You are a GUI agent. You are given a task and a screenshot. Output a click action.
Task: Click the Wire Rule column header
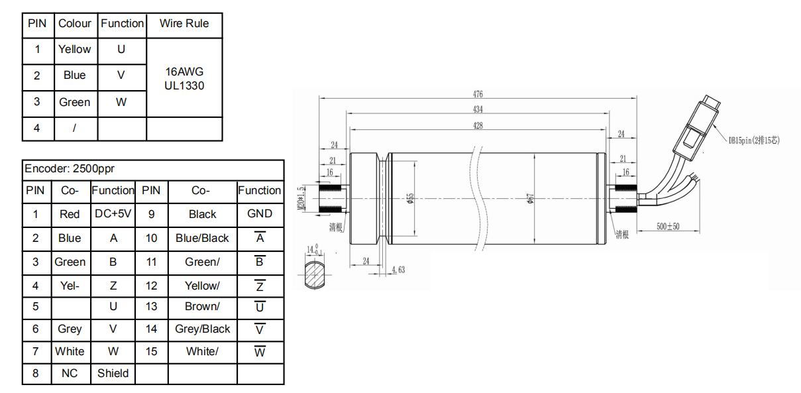coord(184,24)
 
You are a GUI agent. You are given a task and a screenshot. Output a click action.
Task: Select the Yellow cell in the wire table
coord(74,50)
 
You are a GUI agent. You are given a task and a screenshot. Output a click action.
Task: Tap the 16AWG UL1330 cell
coord(184,78)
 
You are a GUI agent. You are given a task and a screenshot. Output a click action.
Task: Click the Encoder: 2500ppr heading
coord(70,169)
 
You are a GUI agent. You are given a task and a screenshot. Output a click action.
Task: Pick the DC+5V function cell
coord(113,214)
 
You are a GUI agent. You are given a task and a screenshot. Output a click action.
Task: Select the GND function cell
coord(259,213)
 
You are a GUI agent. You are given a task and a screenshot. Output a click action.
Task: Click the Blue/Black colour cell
coord(202,238)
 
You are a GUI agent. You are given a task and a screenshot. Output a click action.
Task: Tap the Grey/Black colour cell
coord(202,329)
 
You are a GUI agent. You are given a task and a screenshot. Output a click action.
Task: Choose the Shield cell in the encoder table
coord(113,373)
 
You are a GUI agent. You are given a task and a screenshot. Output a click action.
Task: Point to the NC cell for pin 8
coord(70,373)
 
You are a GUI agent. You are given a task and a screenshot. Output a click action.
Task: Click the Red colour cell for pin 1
coord(70,214)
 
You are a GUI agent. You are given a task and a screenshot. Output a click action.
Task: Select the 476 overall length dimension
coord(478,94)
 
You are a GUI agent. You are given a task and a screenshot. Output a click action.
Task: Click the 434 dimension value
coord(478,109)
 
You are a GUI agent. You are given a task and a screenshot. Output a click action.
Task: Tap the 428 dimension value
coord(478,125)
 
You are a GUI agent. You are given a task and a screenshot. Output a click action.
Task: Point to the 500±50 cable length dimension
coord(668,227)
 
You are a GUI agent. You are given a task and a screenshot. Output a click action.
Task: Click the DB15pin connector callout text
coord(755,140)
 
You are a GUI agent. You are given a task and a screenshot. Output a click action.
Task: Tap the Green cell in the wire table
coord(74,103)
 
